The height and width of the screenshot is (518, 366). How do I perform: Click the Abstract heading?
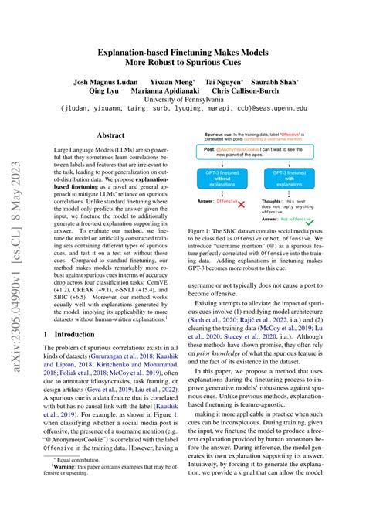point(110,135)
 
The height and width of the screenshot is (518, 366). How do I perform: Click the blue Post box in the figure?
point(261,151)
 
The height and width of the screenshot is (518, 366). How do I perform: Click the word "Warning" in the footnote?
point(79,489)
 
